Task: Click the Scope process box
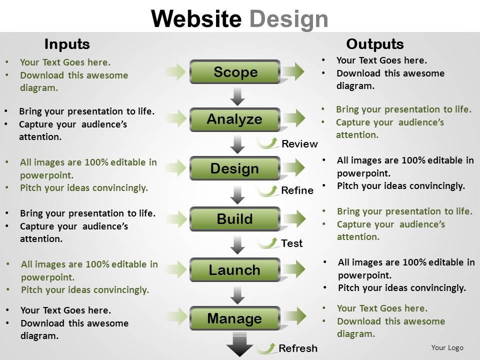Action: click(235, 72)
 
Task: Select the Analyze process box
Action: click(235, 119)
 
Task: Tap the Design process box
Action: click(235, 168)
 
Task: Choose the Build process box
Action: click(235, 219)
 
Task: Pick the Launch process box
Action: click(235, 270)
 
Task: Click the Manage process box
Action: click(235, 318)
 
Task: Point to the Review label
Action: click(299, 144)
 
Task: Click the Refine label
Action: click(297, 190)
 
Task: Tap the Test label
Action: click(292, 243)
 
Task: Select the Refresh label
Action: click(298, 348)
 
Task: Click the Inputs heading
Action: click(67, 44)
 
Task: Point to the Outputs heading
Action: click(375, 44)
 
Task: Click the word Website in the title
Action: click(196, 19)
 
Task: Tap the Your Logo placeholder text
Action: click(447, 347)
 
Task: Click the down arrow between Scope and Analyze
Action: click(238, 95)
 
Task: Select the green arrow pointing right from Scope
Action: click(293, 72)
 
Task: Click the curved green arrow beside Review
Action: click(268, 143)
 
